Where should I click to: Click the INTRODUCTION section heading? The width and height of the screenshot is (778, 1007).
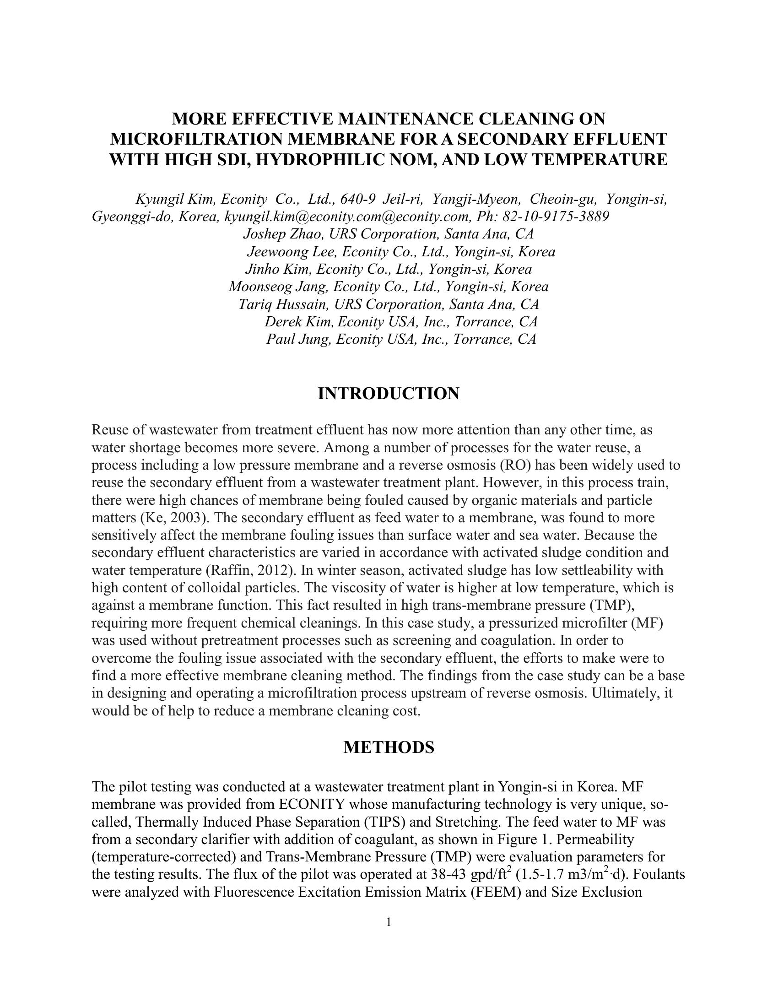click(x=389, y=394)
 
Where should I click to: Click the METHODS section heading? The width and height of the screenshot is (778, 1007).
click(x=389, y=747)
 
